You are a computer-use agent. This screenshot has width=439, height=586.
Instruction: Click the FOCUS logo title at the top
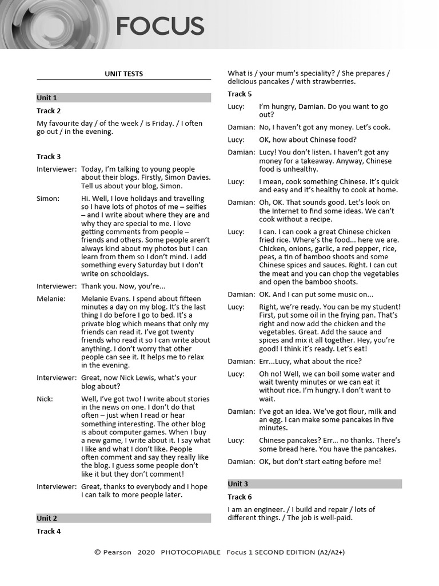click(160, 26)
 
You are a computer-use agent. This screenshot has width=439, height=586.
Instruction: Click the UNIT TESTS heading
click(123, 74)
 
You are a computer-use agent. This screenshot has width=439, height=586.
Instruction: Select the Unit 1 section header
click(47, 98)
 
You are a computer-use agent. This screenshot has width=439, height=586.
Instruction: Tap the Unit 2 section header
click(47, 518)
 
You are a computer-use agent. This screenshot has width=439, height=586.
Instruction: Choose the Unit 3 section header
click(238, 484)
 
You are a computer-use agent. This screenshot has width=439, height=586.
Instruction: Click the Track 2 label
click(49, 111)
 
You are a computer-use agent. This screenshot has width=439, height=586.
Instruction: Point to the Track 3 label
click(49, 156)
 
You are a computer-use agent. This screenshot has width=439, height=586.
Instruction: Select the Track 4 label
click(49, 531)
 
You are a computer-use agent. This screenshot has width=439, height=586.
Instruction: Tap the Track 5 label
click(240, 94)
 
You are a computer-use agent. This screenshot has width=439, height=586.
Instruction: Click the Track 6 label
click(240, 497)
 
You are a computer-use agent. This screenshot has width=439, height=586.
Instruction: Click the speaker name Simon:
click(48, 199)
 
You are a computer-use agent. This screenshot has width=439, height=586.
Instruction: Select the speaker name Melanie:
click(51, 299)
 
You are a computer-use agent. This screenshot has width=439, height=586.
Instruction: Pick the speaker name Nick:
click(45, 399)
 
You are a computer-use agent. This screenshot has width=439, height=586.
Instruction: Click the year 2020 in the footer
click(146, 552)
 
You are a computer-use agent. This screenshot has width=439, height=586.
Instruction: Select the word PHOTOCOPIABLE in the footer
click(190, 552)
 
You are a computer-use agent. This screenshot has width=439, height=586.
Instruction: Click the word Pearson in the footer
click(117, 552)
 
